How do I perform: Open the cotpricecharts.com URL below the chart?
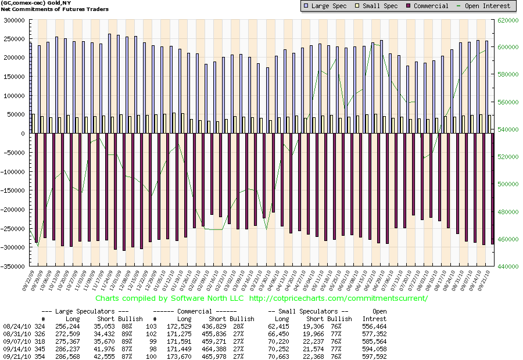[x=338, y=298]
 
